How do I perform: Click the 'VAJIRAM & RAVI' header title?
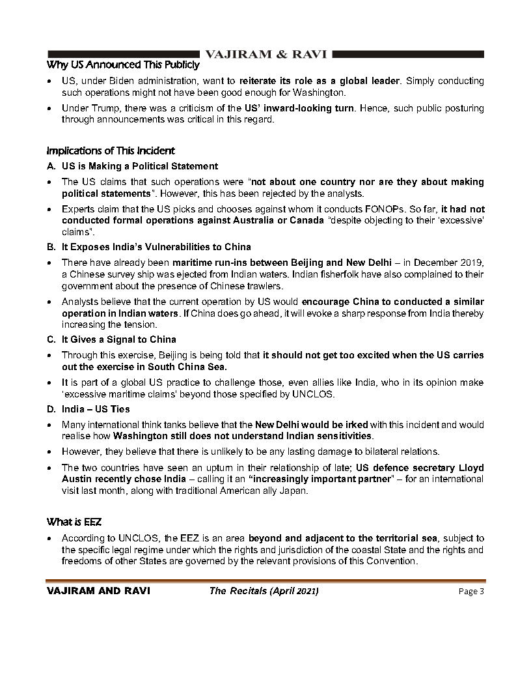[x=265, y=53]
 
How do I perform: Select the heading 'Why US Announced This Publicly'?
[x=123, y=65]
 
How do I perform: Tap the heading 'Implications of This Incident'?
[x=111, y=150]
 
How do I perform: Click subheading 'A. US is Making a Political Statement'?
[x=132, y=166]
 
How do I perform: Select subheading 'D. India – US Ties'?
[x=88, y=409]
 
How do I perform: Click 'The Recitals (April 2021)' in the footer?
[x=264, y=592]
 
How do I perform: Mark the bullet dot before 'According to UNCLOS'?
[x=51, y=539]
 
